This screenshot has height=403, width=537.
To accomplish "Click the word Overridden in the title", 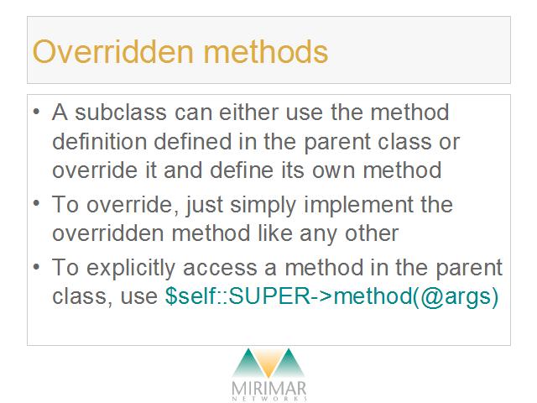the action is click(x=113, y=51).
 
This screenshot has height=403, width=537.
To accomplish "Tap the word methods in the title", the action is click(x=266, y=51).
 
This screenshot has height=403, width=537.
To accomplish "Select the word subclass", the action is click(x=121, y=112).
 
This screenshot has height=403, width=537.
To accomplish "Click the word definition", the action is click(x=100, y=141).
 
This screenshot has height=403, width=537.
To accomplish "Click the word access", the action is click(x=220, y=268).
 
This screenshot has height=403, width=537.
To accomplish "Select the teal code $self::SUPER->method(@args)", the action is click(x=331, y=296).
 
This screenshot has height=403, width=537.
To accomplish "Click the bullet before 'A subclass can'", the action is click(x=37, y=111).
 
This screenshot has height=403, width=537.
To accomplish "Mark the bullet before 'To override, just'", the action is click(x=37, y=203).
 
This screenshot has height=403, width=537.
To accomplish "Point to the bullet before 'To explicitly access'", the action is click(x=37, y=266).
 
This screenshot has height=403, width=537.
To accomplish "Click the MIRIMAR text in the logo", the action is click(x=268, y=388).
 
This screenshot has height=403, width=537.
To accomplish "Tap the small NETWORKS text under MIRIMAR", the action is click(x=269, y=399).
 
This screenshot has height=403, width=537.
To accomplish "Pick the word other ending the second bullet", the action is click(x=372, y=233).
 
